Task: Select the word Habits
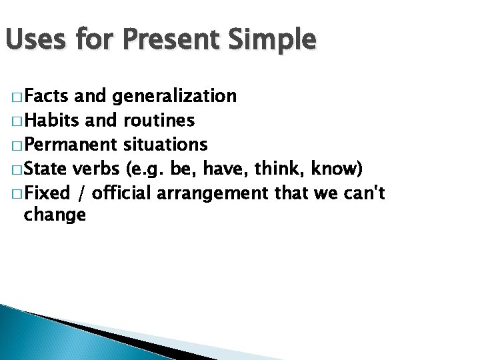[51, 121]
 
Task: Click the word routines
[159, 121]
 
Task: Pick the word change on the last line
[55, 215]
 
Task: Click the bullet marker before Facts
[15, 97]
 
